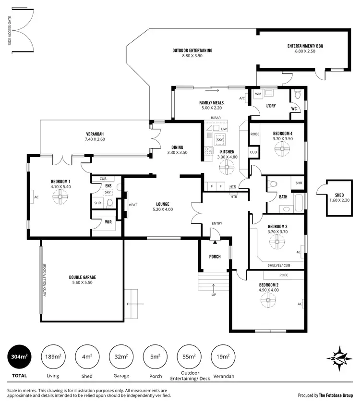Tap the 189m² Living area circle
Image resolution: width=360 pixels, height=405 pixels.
pos(53,356)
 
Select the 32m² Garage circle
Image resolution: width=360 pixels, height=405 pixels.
pos(121,356)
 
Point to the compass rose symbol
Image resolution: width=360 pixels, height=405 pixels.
pos(342,358)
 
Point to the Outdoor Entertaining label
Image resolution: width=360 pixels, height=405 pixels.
pos(192,50)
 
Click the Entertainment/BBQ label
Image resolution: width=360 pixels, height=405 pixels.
pos(305,46)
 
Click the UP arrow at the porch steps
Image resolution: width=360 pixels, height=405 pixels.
pos(214,288)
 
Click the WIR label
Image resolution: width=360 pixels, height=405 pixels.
pos(108,222)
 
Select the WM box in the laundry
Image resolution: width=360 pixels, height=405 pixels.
pos(258,94)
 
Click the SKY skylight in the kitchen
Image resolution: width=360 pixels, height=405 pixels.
pos(221,140)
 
